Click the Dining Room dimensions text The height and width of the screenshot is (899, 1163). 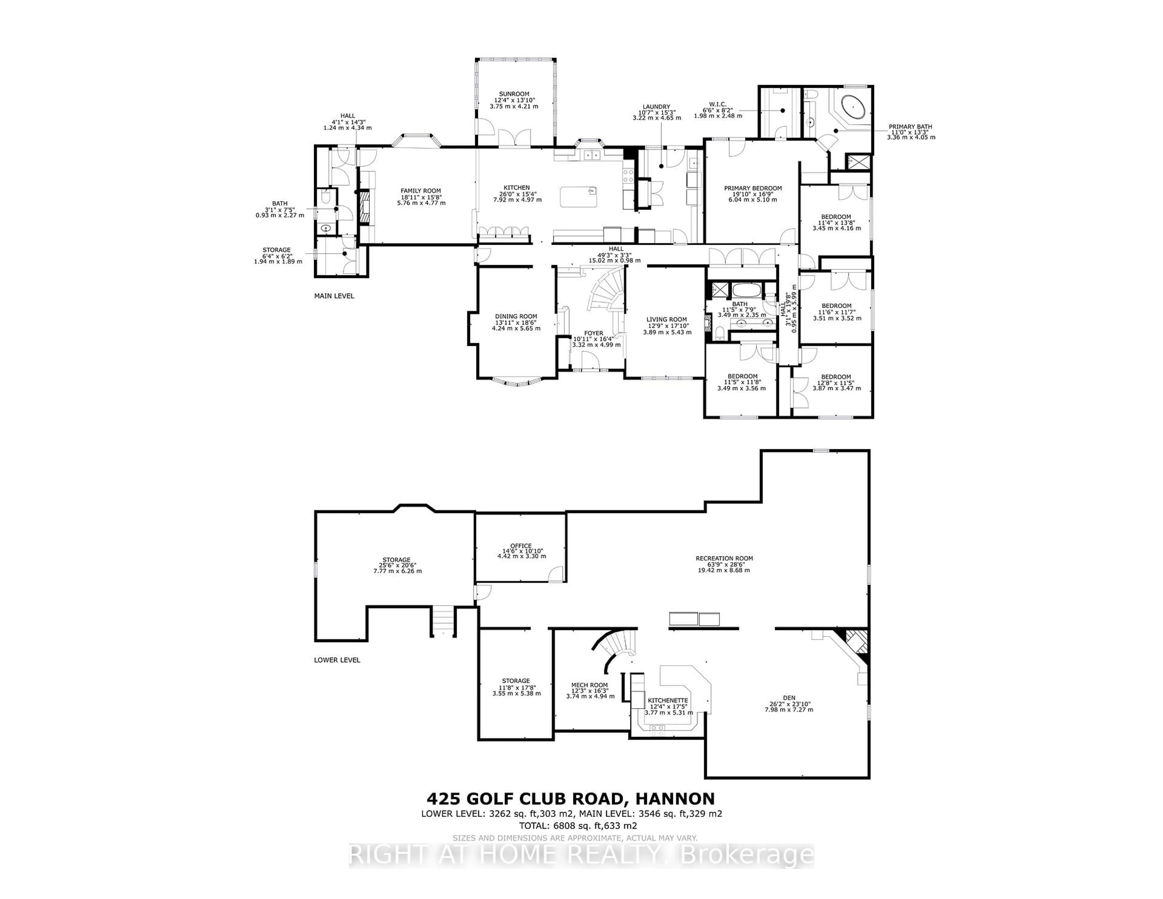(x=516, y=325)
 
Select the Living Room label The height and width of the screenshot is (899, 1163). (x=667, y=320)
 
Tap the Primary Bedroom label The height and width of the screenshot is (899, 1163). (x=752, y=188)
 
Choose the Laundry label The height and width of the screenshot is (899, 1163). (x=655, y=107)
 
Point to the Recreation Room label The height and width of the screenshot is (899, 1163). (x=724, y=559)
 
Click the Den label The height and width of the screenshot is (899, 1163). (x=789, y=698)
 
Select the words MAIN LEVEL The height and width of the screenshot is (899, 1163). (x=334, y=296)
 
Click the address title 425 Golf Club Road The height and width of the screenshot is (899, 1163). (x=570, y=799)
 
